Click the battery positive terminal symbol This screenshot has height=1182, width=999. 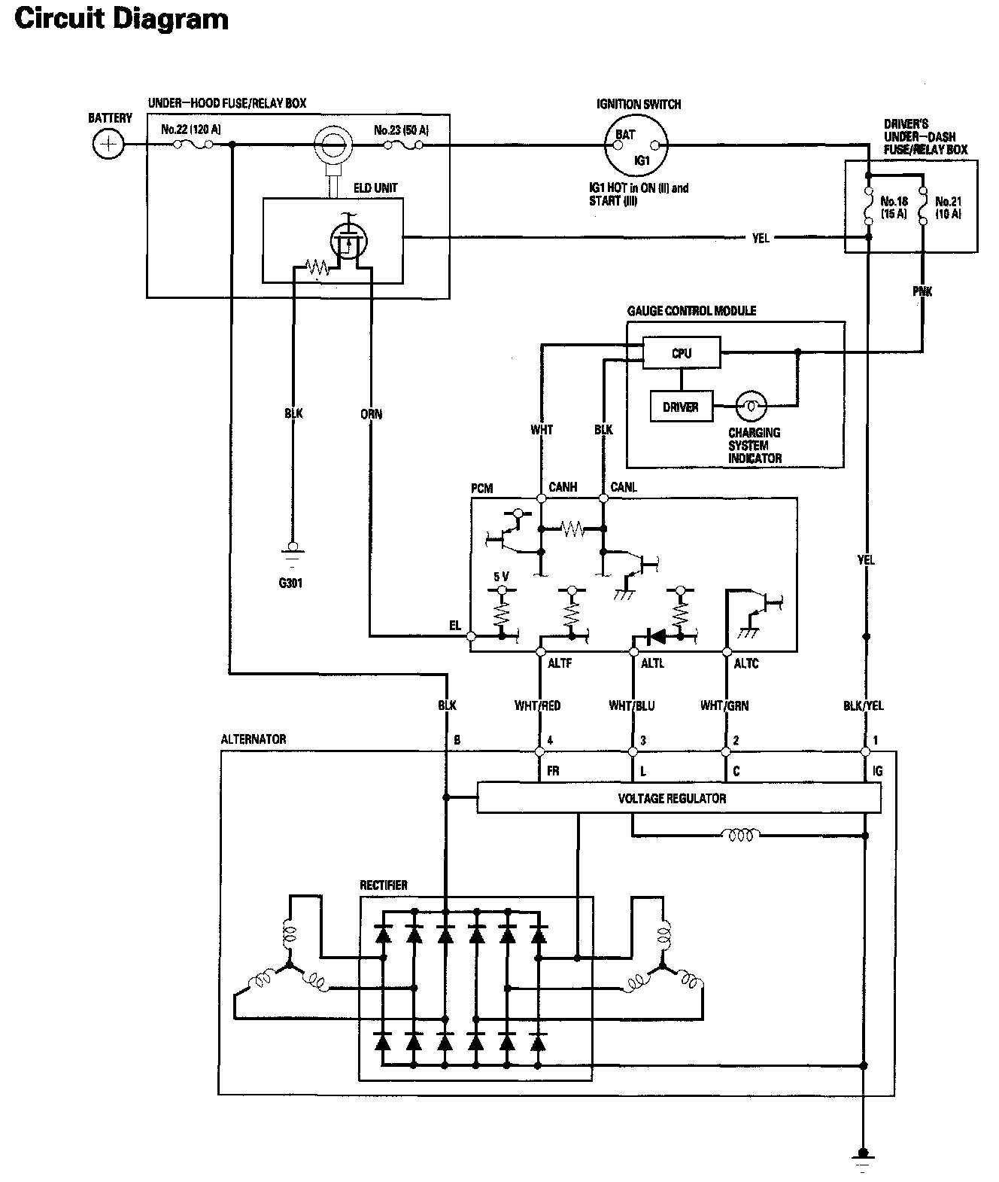pyautogui.click(x=108, y=144)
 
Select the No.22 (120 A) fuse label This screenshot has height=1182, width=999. pyautogui.click(x=191, y=129)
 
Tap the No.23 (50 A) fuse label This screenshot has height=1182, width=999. pyautogui.click(x=401, y=129)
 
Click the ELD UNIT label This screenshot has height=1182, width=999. pyautogui.click(x=375, y=188)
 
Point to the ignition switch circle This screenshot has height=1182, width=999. pyautogui.click(x=636, y=145)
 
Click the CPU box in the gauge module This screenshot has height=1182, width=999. pyautogui.click(x=682, y=353)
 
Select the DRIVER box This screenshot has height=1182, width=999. pyautogui.click(x=682, y=407)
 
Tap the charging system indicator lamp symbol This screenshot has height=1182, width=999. pyautogui.click(x=751, y=406)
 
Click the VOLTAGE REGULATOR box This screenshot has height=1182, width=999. pyautogui.click(x=679, y=798)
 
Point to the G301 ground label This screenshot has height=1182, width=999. pyautogui.click(x=290, y=583)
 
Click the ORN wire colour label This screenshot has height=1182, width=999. pyautogui.click(x=371, y=414)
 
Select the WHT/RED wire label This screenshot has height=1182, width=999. pyautogui.click(x=537, y=705)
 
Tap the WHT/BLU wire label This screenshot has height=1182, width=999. pyautogui.click(x=631, y=705)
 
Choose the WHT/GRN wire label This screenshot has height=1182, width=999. pyautogui.click(x=724, y=705)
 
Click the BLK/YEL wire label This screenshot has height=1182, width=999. pyautogui.click(x=864, y=705)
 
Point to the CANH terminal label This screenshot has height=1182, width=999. pyautogui.click(x=563, y=486)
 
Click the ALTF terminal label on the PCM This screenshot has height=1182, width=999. pyautogui.click(x=560, y=663)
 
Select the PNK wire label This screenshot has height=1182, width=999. pyautogui.click(x=922, y=291)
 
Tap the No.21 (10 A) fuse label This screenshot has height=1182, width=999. pyautogui.click(x=949, y=208)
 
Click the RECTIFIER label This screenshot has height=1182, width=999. pyautogui.click(x=384, y=885)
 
